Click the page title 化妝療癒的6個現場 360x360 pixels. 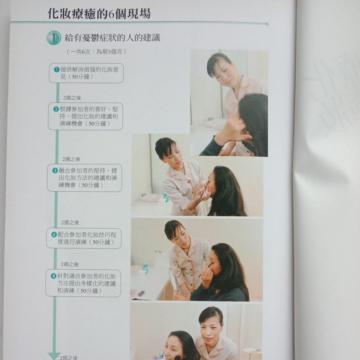pos(99,14)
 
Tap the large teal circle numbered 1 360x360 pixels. pos(53,38)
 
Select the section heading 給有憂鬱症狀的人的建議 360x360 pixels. pos(112,37)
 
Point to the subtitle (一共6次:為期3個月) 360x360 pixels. pos(96,51)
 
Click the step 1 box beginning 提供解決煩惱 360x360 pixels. pos(86,73)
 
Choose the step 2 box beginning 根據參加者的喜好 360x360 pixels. pos(85,116)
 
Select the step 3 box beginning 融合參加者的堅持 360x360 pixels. pos(84,178)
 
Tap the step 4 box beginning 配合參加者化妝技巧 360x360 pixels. pos(84,238)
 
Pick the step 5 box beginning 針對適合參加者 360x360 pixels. pos(83,283)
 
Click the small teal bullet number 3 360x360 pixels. pos(55,171)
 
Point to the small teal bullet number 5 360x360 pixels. pos(53,276)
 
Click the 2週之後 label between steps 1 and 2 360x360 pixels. pos(72,98)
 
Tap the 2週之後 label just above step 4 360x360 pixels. pos(70,223)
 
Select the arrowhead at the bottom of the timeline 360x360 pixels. pos(54,356)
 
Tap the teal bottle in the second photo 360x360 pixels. pos(166,197)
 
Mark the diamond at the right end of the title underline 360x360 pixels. pos(266,24)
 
